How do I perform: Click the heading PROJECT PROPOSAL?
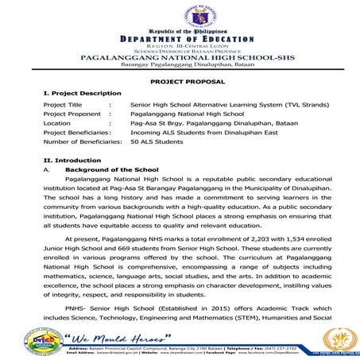(180, 82)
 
